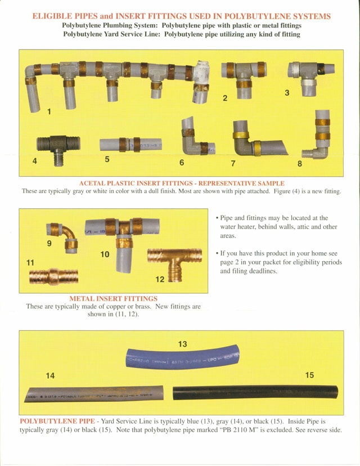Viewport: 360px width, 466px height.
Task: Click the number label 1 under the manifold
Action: [49, 111]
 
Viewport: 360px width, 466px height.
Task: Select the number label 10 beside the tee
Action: [105, 254]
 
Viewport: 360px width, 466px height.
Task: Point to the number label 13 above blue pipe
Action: [182, 344]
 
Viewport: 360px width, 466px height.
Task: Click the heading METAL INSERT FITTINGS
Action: [113, 298]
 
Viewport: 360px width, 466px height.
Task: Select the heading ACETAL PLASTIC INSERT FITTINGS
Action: [181, 183]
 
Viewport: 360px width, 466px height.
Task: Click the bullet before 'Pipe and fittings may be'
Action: [217, 218]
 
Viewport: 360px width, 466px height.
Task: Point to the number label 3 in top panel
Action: [286, 92]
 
